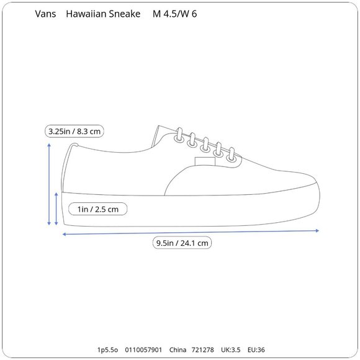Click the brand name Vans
[x=45, y=14]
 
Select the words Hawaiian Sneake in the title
[x=103, y=14]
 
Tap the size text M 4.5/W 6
[x=174, y=14]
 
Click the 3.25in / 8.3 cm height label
[x=74, y=132]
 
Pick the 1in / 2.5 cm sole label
[x=98, y=209]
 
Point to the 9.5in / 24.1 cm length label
[x=182, y=243]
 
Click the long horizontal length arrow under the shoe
[x=191, y=232]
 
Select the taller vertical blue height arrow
[x=49, y=184]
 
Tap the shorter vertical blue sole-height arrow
[x=56, y=209]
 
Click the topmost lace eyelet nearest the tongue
[x=179, y=138]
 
